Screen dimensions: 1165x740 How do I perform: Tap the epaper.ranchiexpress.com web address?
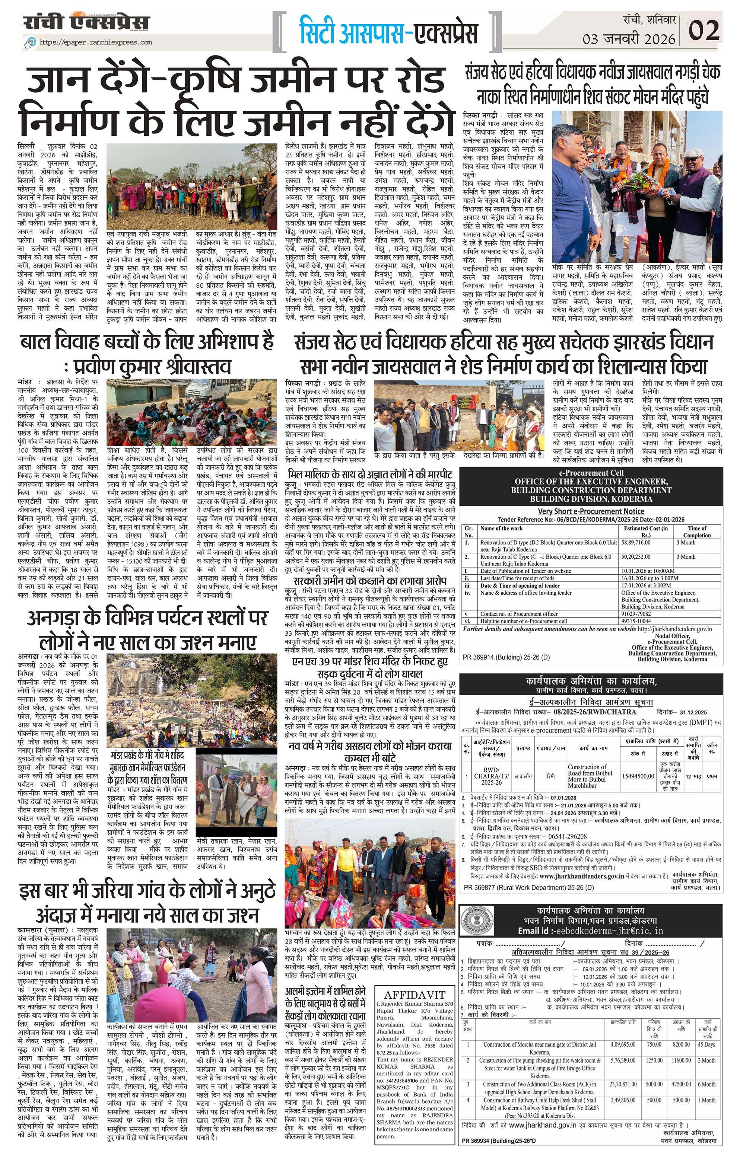point(95,42)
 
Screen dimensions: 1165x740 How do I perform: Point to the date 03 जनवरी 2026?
point(629,38)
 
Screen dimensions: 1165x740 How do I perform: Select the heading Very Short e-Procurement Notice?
point(591,511)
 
